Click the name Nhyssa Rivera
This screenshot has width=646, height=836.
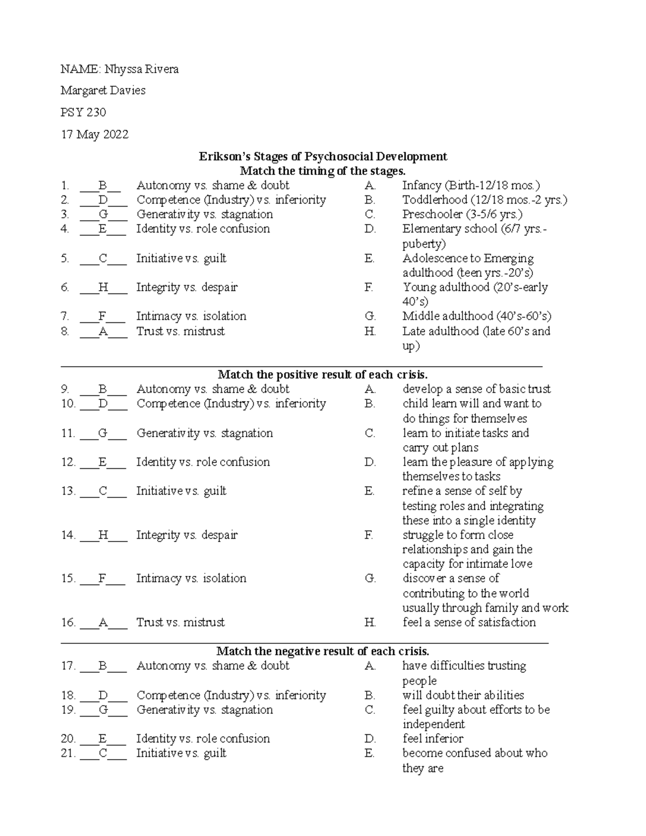click(x=141, y=69)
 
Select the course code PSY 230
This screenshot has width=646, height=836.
click(x=83, y=112)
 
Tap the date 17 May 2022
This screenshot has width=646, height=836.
click(x=95, y=134)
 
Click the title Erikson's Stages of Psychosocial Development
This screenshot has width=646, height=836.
click(x=323, y=156)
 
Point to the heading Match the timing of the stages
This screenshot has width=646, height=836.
click(x=322, y=171)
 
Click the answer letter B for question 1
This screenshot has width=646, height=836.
click(x=102, y=186)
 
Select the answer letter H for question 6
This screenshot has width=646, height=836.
click(x=103, y=287)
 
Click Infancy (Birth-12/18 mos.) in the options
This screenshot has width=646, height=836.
click(x=471, y=186)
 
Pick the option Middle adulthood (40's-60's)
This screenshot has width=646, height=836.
click(x=476, y=316)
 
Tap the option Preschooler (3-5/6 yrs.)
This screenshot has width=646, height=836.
click(x=462, y=214)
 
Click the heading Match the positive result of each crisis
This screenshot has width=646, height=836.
click(x=322, y=375)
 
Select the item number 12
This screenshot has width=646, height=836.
click(x=68, y=462)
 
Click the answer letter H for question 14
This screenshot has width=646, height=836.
click(x=103, y=535)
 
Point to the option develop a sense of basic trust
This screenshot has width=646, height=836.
click(x=476, y=389)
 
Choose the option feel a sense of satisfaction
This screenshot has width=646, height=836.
click(x=469, y=622)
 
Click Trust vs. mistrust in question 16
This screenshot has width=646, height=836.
click(x=180, y=622)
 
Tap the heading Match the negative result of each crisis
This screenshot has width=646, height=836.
click(x=322, y=651)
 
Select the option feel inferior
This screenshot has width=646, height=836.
click(x=433, y=739)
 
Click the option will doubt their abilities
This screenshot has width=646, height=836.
click(x=463, y=695)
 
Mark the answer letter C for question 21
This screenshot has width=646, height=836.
click(x=103, y=754)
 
